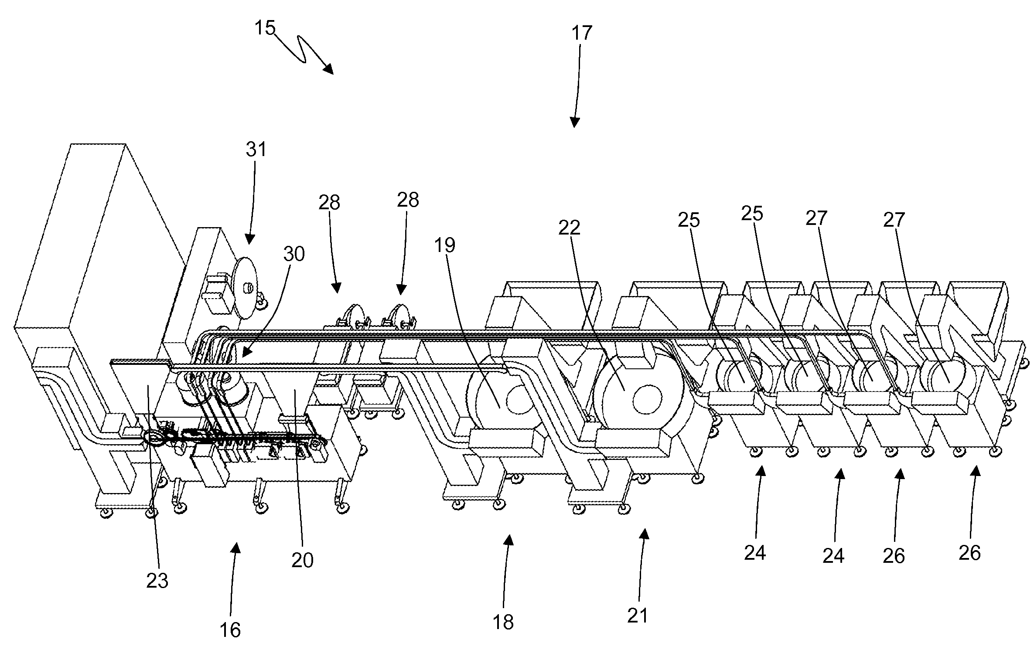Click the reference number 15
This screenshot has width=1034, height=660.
tap(265, 28)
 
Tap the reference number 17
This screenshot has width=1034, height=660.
tap(582, 33)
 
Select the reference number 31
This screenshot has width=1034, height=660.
tap(256, 150)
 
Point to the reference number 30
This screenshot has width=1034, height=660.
tap(294, 254)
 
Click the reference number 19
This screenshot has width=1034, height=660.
tap(445, 246)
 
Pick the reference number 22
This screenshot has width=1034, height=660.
tap(570, 228)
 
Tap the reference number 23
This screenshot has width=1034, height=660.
tap(157, 580)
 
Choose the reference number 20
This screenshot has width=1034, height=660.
tap(302, 560)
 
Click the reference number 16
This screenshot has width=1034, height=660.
tap(230, 629)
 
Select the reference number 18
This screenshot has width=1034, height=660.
tap(503, 622)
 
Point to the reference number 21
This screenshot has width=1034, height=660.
tap(638, 616)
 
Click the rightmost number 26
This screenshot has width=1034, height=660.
tap(970, 553)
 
